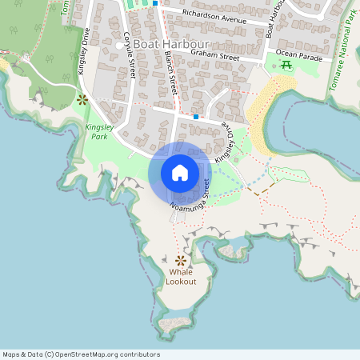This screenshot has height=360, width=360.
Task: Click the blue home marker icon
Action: point(180,173)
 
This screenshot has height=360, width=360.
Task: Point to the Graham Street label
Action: point(215,56)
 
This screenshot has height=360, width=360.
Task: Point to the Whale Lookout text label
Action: point(181,277)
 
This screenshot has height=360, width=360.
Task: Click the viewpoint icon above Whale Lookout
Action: point(181,260)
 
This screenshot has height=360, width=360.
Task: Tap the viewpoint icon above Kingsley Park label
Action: point(82,100)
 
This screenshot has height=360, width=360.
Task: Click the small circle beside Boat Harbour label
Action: point(119,46)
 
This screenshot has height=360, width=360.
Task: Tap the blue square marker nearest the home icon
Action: point(196,117)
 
